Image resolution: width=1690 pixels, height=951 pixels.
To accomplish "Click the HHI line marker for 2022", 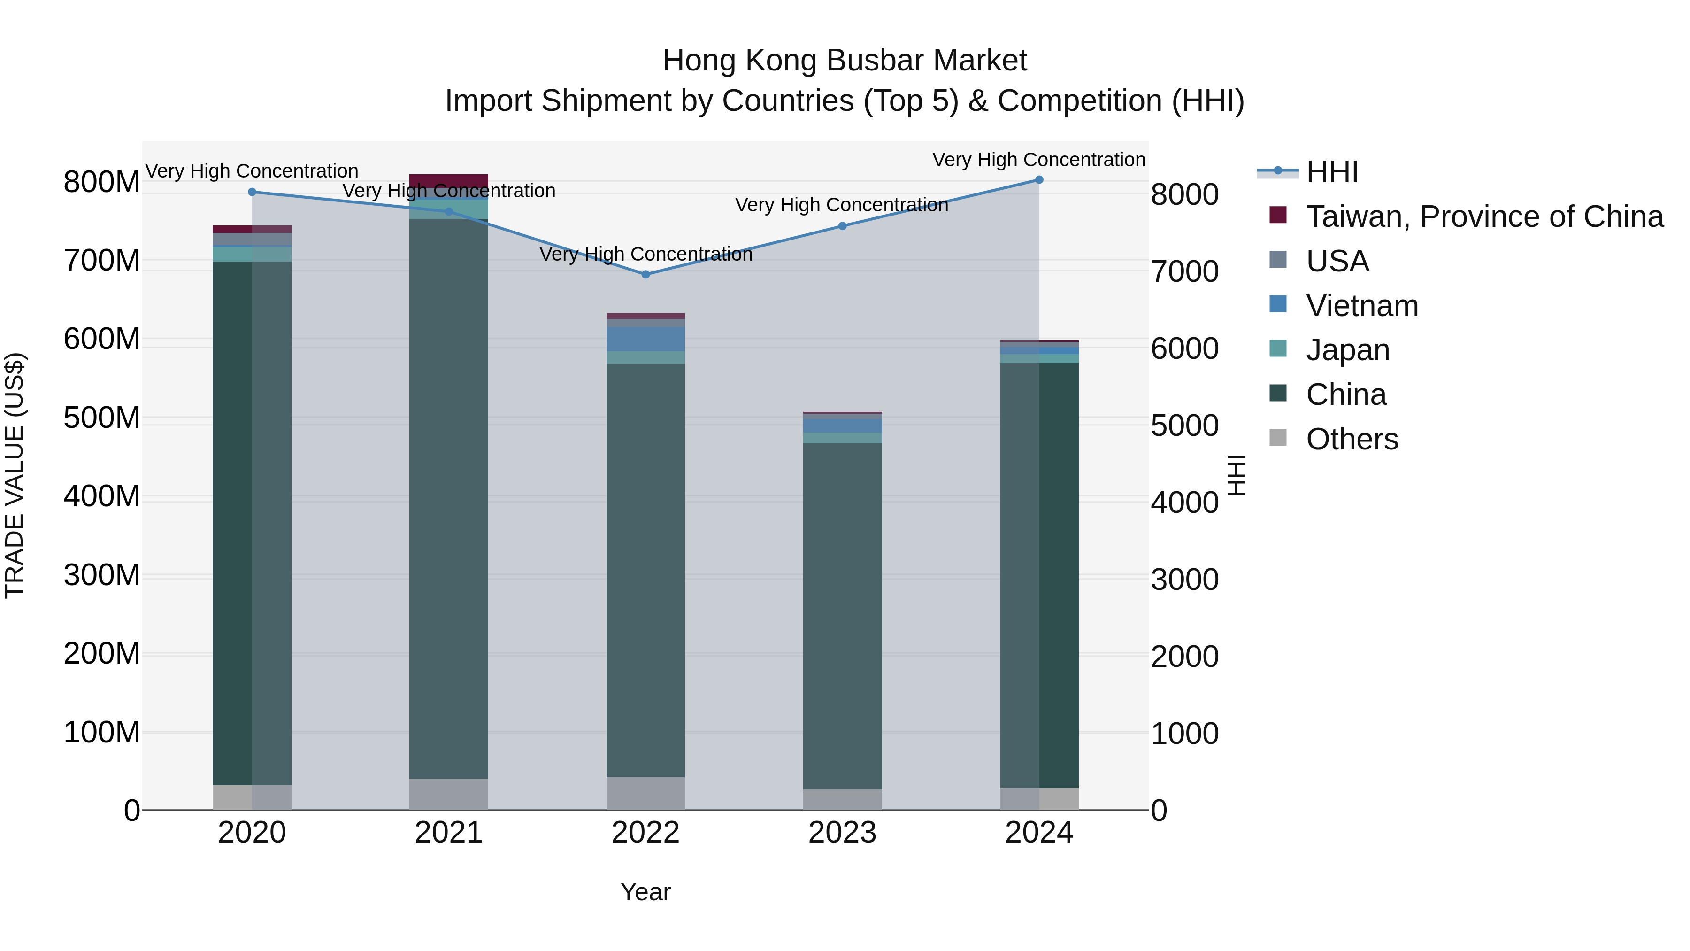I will (645, 274).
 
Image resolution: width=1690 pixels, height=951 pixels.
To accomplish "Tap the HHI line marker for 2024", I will (1039, 179).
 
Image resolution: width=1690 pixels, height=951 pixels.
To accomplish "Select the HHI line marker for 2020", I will (252, 192).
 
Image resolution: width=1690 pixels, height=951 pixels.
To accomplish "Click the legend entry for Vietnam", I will (1362, 306).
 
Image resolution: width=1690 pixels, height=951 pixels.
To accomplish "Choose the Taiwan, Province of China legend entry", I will (1484, 216).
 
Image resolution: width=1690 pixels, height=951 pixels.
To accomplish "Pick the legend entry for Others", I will (1352, 439).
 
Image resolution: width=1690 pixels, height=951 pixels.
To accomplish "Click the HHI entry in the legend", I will (1332, 172).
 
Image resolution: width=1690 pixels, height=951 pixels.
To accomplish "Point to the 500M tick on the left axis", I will (102, 418).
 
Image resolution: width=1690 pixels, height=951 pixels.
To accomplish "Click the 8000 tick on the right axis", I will (1185, 194).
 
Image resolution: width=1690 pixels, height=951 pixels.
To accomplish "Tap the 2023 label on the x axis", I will (842, 833).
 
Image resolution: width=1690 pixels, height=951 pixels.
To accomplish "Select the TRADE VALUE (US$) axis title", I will (15, 475).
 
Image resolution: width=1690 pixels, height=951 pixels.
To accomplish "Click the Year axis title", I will (645, 892).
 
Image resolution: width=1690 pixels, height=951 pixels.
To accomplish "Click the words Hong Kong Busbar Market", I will (845, 61).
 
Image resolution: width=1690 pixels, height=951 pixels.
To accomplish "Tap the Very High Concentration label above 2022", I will (645, 254).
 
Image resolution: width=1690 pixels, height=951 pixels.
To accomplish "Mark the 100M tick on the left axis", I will (102, 733).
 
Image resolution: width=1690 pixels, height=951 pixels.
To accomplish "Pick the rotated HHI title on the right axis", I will (1236, 475).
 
